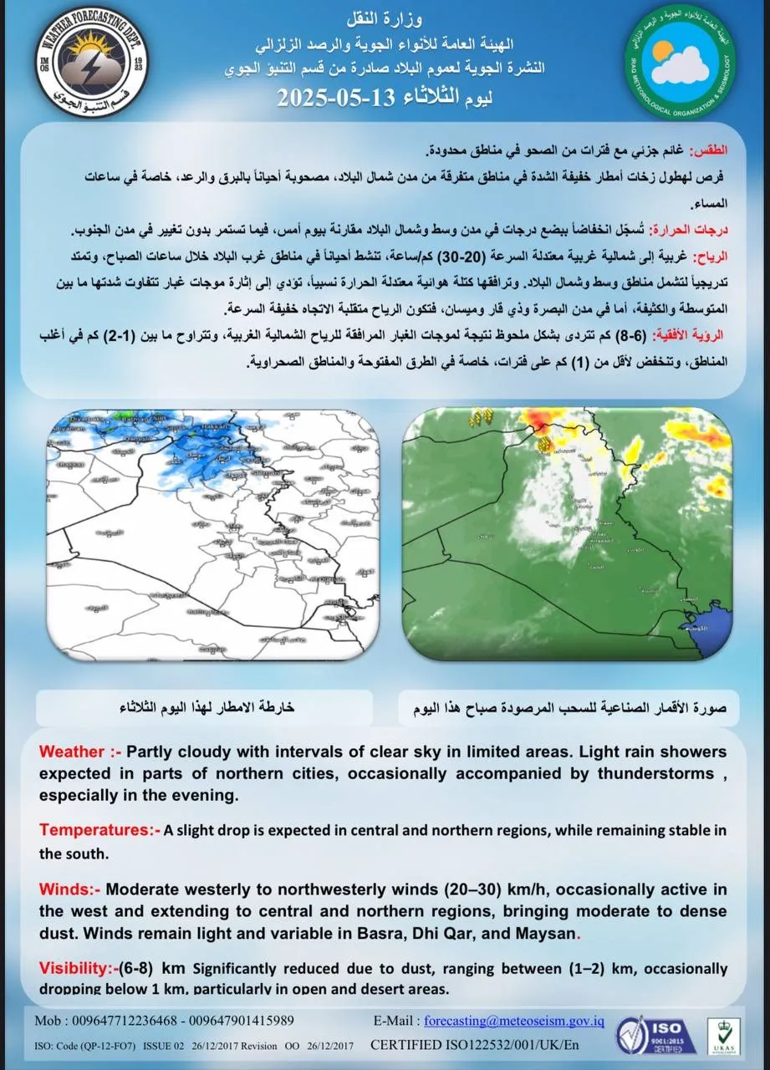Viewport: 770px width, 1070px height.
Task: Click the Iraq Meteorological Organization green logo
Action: click(x=681, y=64)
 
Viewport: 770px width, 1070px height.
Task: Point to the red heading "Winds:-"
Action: click(x=69, y=889)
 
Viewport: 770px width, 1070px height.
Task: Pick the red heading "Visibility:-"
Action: click(x=78, y=969)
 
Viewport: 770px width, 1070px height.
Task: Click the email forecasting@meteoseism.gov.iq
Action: click(x=514, y=1022)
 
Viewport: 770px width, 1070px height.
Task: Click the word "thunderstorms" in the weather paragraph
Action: click(x=645, y=773)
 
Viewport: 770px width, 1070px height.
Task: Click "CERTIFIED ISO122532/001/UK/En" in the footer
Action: click(x=474, y=1045)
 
